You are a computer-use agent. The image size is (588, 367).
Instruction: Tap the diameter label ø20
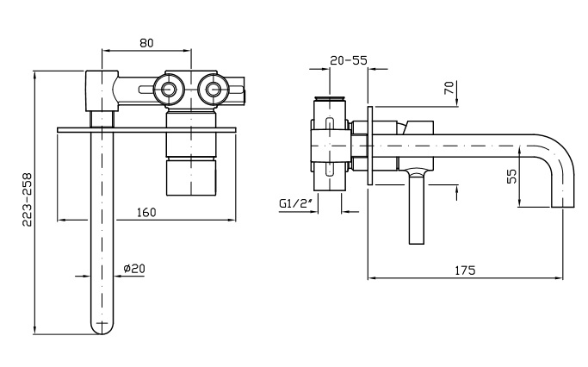(x=133, y=269)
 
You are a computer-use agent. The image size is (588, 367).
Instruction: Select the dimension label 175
(x=464, y=269)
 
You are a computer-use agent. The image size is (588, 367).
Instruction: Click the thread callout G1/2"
(x=296, y=203)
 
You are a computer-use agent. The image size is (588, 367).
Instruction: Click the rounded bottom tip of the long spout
(x=102, y=327)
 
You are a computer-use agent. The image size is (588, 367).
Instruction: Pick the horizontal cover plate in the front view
(x=146, y=129)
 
